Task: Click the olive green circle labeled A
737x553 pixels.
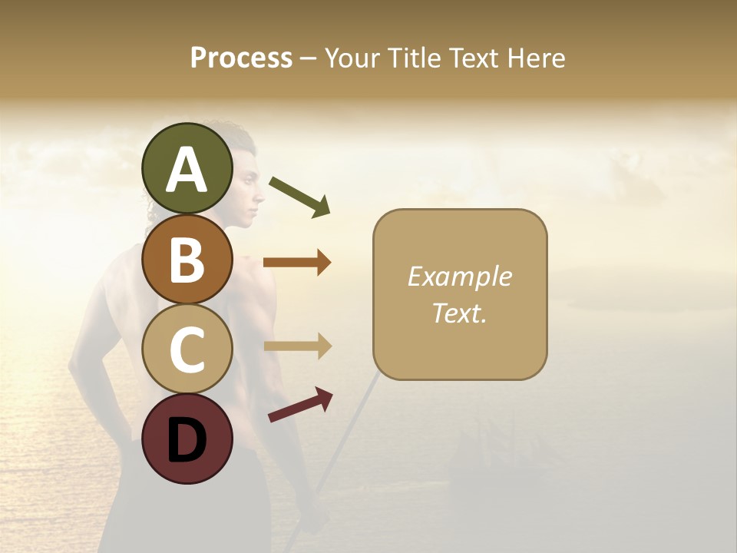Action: pyautogui.click(x=187, y=169)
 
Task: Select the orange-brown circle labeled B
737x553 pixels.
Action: pyautogui.click(x=187, y=259)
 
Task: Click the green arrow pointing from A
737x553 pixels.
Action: pyautogui.click(x=299, y=196)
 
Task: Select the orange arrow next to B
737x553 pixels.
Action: pyautogui.click(x=297, y=263)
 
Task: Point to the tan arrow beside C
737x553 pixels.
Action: pyautogui.click(x=297, y=346)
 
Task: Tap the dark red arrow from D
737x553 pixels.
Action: pyautogui.click(x=300, y=404)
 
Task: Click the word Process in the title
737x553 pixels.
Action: pyautogui.click(x=241, y=58)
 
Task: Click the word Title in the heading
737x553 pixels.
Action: pyautogui.click(x=413, y=58)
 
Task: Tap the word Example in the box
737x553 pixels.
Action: pyautogui.click(x=459, y=276)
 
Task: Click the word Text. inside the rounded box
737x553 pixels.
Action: pyautogui.click(x=459, y=313)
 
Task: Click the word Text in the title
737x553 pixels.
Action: pyautogui.click(x=474, y=58)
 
